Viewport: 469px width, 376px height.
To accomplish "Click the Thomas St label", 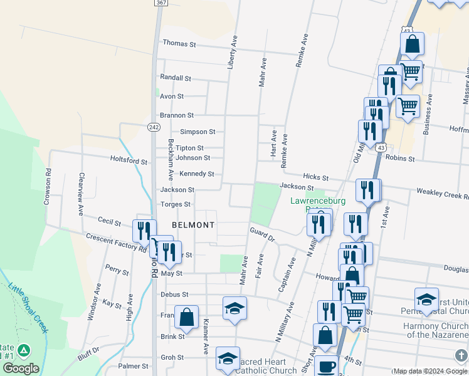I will (179, 44).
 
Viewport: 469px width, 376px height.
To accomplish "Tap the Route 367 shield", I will (161, 3).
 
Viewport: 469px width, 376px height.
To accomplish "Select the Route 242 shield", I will (154, 127).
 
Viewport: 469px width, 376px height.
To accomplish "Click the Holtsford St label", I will (128, 160).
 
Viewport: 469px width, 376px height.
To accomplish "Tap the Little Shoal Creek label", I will (28, 307).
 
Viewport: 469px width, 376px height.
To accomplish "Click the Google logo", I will (21, 368).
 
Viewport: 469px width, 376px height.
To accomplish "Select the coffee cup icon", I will (325, 365).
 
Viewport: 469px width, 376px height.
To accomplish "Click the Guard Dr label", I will (263, 234).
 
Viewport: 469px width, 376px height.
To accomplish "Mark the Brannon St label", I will (177, 115).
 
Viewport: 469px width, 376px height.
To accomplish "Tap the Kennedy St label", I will (198, 174).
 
